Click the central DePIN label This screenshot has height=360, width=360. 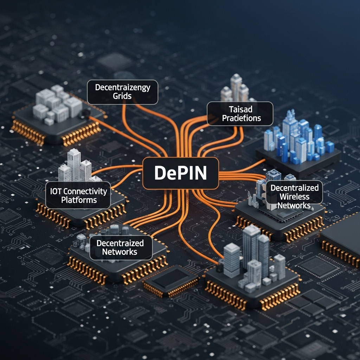pos(181,173)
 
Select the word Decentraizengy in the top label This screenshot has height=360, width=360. pos(123,88)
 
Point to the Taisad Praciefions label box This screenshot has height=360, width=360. pos(240,114)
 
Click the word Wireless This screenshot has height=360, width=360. pos(295,197)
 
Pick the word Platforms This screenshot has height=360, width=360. pos(79,200)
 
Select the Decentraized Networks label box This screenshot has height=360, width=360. pos(120,247)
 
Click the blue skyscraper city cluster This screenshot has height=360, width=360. pos(299,139)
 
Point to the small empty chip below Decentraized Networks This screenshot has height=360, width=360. pos(172,279)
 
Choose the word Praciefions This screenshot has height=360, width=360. pos(242,118)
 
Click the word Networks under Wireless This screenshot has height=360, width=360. pos(295,205)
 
